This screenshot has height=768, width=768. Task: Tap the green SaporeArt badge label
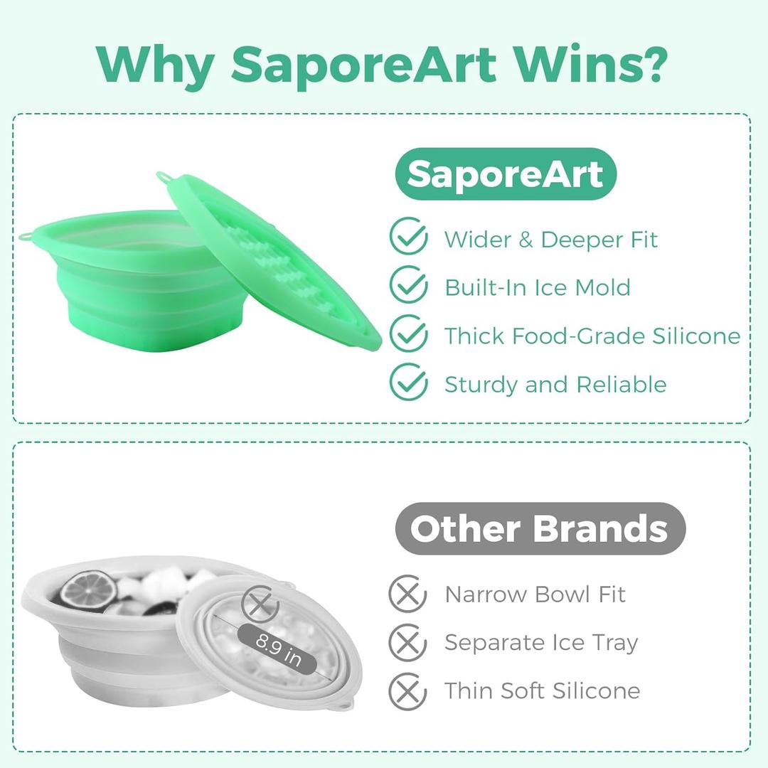506,174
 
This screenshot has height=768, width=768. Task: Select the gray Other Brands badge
540,528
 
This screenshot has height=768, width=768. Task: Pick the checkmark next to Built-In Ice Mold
409,286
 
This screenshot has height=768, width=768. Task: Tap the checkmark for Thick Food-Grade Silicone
409,334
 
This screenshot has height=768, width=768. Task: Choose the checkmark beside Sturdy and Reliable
409,383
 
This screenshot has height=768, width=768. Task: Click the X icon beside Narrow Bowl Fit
407,594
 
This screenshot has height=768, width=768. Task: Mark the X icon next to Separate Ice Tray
407,642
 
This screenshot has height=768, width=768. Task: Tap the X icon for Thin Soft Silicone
407,690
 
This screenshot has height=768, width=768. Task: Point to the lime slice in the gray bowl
87,590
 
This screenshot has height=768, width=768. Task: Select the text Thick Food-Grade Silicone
592,336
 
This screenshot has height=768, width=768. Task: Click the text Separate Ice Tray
542,642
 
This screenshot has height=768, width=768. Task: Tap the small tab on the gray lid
346,704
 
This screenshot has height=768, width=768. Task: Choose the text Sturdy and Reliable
555,384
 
